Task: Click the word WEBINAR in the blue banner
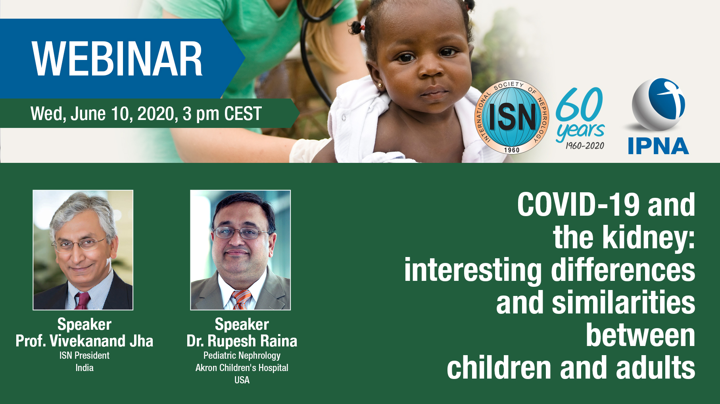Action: [x=117, y=59]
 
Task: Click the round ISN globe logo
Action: [x=512, y=117]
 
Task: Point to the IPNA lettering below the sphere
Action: [x=658, y=146]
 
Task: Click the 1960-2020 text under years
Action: [x=585, y=146]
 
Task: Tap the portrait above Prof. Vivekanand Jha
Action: [x=83, y=250]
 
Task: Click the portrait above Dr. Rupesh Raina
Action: [x=240, y=250]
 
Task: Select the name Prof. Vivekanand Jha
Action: [x=84, y=341]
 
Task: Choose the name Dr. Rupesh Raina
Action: [x=242, y=341]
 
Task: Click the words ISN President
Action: [x=84, y=355]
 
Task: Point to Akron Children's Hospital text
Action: [x=242, y=367]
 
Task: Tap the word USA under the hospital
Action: [x=242, y=380]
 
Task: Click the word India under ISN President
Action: [x=84, y=367]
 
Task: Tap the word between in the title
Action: [x=640, y=335]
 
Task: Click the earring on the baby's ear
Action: [x=380, y=85]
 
